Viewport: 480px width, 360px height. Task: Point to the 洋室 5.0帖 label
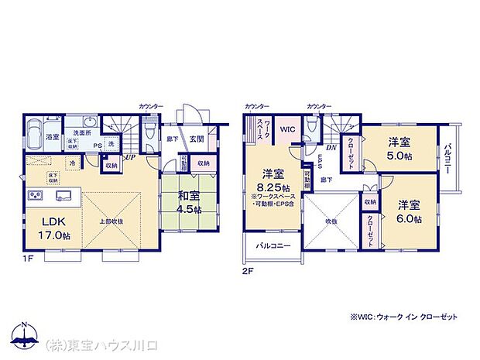[399, 149]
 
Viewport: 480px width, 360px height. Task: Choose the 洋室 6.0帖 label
[410, 212]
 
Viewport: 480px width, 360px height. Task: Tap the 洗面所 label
[84, 132]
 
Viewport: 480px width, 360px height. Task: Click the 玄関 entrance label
[197, 139]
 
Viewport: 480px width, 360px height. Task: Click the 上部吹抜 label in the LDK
[113, 221]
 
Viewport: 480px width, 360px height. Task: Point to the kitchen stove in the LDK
[34, 194]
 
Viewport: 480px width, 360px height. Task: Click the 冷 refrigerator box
[71, 163]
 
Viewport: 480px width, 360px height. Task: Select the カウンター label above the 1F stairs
[150, 105]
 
